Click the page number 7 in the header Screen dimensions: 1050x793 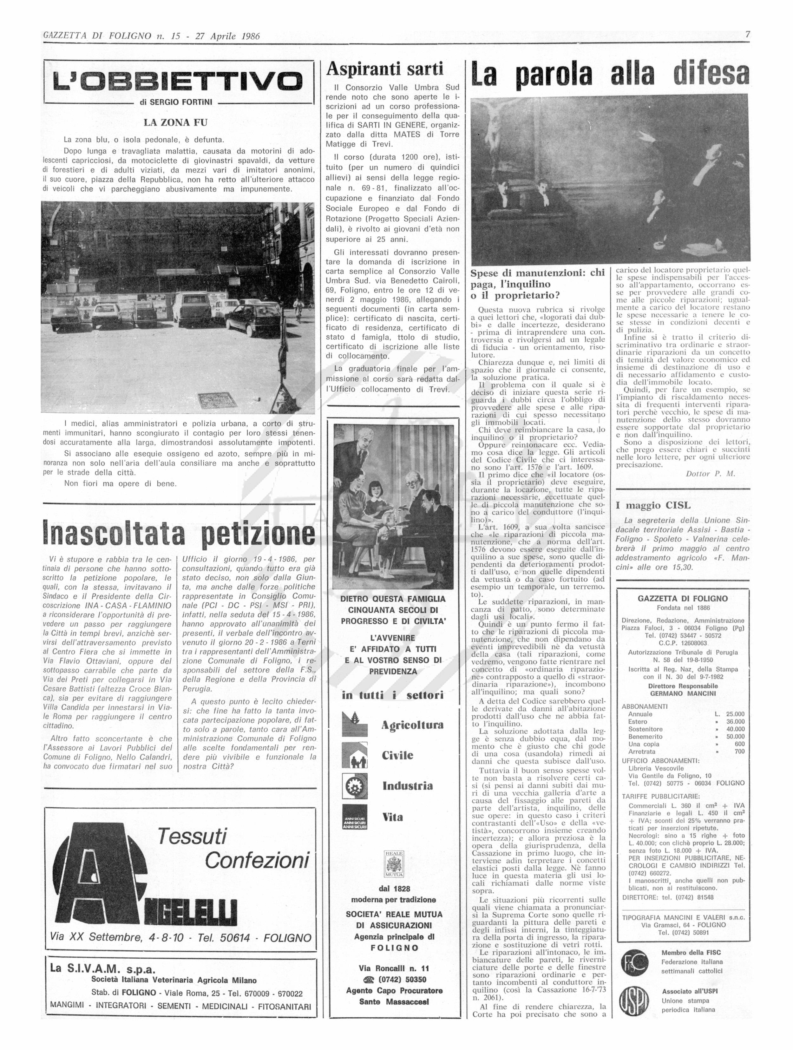click(747, 35)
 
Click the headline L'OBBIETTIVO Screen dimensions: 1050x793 click(178, 82)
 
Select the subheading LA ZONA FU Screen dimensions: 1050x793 click(176, 122)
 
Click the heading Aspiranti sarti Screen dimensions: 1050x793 click(384, 69)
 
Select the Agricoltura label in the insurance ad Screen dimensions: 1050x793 click(412, 725)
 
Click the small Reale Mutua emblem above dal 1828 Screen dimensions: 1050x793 click(393, 864)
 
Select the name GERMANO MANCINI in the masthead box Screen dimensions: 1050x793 click(683, 693)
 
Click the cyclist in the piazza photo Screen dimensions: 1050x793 click(298, 309)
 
